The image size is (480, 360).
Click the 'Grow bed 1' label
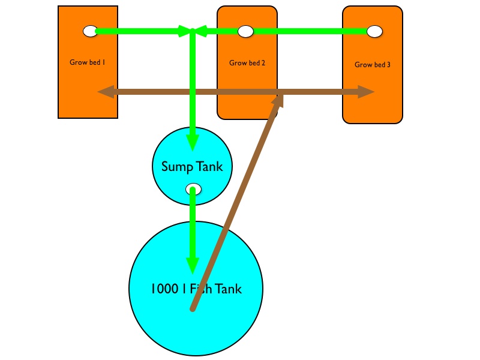(x=88, y=61)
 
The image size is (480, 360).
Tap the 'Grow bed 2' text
(x=247, y=62)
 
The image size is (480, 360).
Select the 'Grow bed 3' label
(x=373, y=64)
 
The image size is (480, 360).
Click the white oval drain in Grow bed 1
(x=90, y=31)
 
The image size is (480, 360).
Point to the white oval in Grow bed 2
(x=245, y=31)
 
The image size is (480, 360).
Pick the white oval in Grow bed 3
(x=374, y=31)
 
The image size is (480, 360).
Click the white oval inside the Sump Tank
(x=193, y=189)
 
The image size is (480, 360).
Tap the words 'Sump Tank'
(x=192, y=166)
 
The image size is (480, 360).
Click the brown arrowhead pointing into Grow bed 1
(x=106, y=92)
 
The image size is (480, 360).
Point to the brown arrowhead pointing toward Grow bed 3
(x=366, y=92)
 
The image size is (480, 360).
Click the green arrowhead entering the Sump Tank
(x=192, y=142)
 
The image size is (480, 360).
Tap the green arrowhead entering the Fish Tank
(x=192, y=265)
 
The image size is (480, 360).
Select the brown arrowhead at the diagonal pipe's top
(x=278, y=100)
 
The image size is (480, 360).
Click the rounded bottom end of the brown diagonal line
(x=193, y=309)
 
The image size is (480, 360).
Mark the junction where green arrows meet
(x=192, y=31)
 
